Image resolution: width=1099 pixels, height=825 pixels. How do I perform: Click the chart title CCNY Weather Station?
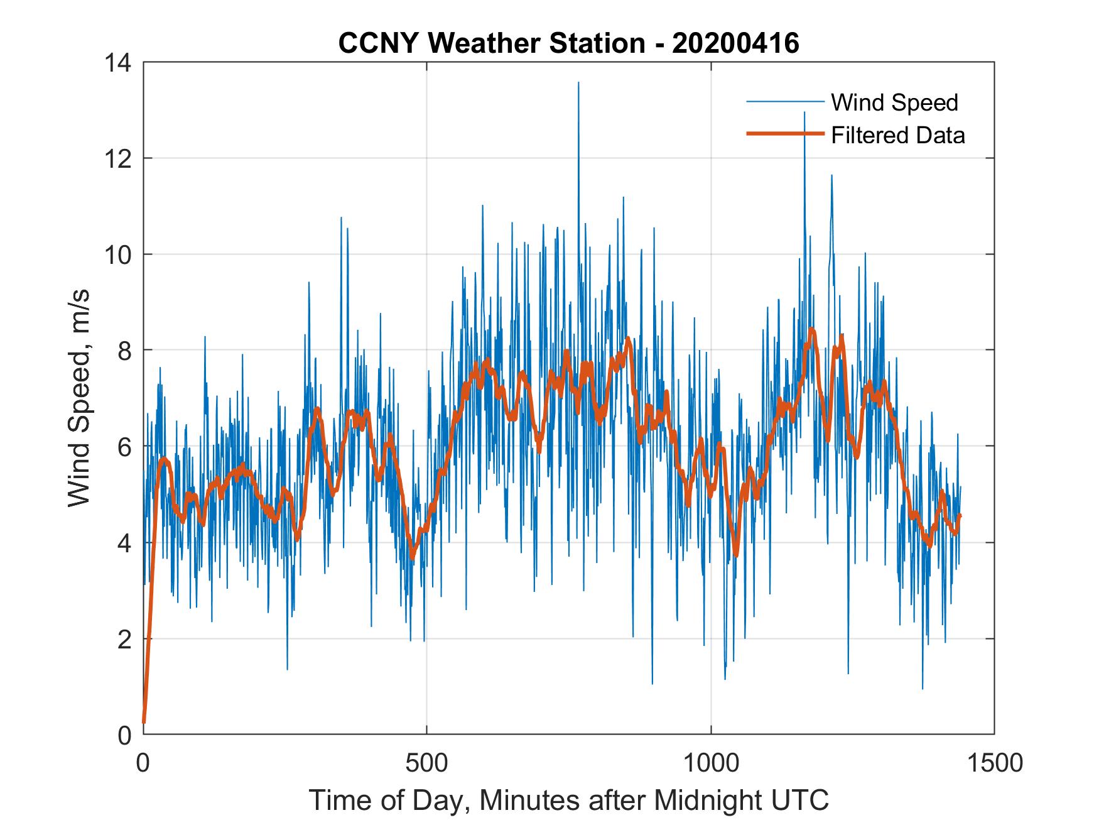(x=491, y=43)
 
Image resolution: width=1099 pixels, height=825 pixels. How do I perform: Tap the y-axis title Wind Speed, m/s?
(x=79, y=398)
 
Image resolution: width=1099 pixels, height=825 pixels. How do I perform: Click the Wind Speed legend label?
(x=894, y=102)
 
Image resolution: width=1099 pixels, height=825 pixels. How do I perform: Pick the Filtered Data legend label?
(x=897, y=135)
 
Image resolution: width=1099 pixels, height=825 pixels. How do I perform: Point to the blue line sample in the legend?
(x=784, y=102)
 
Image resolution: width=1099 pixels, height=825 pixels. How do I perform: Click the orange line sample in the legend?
(x=784, y=134)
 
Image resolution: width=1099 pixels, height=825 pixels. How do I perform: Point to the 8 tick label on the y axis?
(x=124, y=351)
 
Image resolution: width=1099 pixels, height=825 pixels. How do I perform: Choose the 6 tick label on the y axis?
(x=124, y=447)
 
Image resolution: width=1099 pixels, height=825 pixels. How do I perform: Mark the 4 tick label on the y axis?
(x=124, y=543)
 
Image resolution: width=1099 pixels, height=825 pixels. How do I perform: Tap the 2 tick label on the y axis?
(x=124, y=639)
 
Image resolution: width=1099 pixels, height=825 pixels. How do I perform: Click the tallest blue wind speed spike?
(x=578, y=83)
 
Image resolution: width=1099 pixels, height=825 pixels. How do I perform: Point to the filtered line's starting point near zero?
(x=144, y=721)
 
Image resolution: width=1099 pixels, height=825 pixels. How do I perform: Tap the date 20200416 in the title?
(x=735, y=43)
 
